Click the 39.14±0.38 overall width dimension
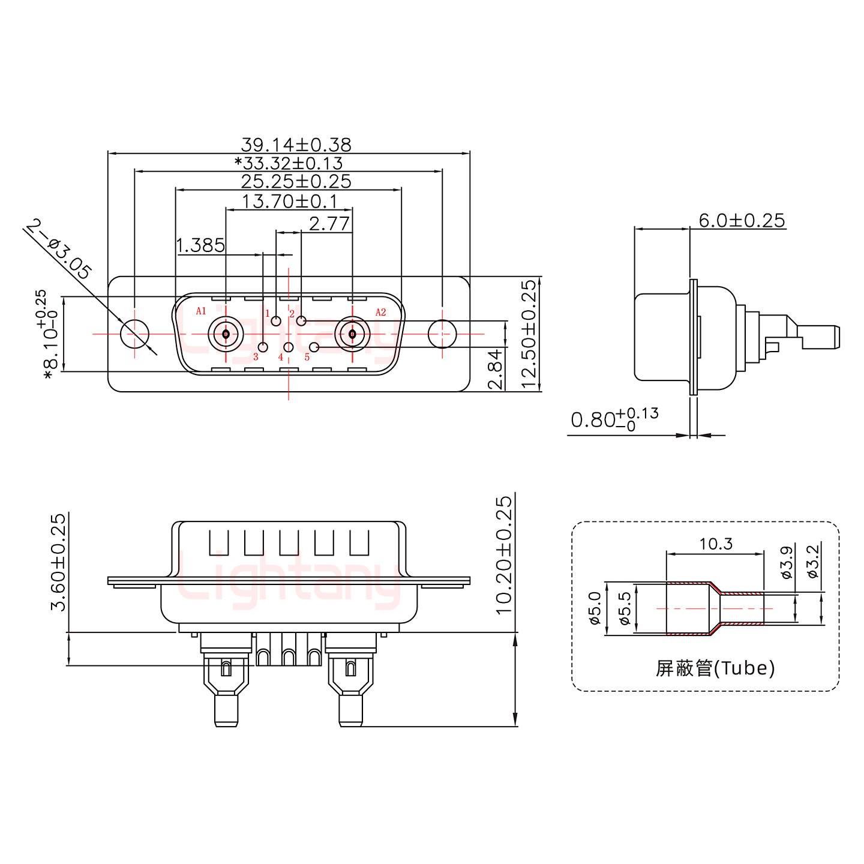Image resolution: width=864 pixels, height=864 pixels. [x=296, y=145]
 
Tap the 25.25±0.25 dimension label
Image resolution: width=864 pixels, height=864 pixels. [x=296, y=181]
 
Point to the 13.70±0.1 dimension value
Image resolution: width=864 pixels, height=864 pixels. [x=289, y=200]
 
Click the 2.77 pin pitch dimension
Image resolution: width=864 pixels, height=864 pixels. [x=329, y=224]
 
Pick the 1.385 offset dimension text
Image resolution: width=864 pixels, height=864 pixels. [x=200, y=245]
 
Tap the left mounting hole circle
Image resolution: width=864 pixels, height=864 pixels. [x=135, y=334]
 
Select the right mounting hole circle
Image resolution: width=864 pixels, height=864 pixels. [x=442, y=334]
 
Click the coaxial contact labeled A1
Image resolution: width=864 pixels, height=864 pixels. [x=225, y=334]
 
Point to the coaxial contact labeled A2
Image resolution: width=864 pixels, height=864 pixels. [x=352, y=334]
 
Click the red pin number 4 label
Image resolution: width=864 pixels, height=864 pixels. [x=280, y=358]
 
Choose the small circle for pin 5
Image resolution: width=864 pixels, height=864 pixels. [x=314, y=347]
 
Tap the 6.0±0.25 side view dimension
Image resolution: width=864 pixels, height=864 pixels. [x=742, y=220]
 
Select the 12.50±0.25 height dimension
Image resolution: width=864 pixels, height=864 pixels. [x=529, y=334]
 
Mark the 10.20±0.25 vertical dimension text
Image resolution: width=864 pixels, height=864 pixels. [x=505, y=554]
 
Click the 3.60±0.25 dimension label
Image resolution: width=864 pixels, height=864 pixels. [x=58, y=562]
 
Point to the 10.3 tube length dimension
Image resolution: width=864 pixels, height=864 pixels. [x=716, y=544]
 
